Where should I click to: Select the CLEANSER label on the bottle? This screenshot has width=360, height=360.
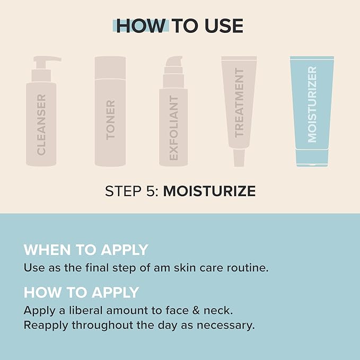(41, 125)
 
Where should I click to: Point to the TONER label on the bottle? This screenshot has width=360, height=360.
(110, 120)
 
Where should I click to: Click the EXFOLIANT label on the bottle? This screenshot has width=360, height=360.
(174, 128)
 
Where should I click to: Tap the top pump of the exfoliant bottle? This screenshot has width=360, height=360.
(173, 62)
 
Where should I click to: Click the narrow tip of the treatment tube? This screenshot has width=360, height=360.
(239, 157)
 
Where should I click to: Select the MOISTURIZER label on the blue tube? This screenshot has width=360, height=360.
(312, 104)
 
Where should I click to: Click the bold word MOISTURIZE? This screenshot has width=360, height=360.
(209, 191)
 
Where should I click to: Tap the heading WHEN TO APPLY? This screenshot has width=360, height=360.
(86, 250)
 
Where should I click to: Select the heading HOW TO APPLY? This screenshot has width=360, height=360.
(81, 292)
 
